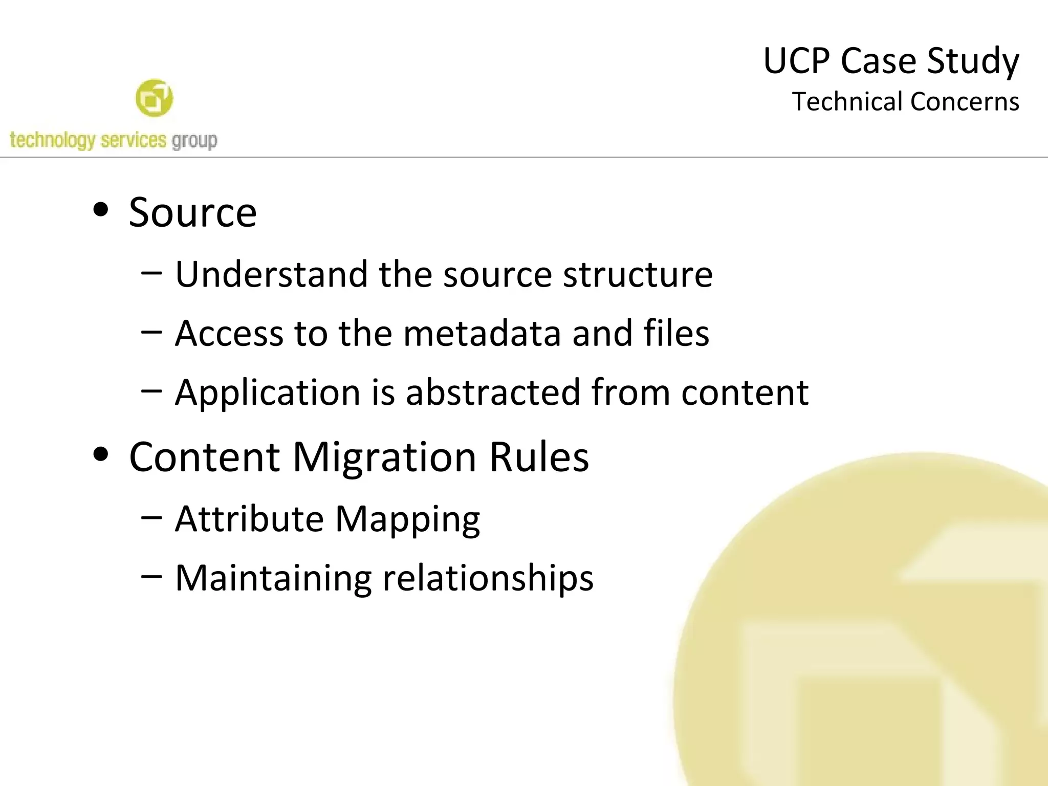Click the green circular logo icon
[154, 98]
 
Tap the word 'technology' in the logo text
[52, 140]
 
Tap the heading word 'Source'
[192, 212]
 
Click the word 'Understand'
[271, 274]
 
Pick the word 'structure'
[638, 275]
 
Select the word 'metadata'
[482, 333]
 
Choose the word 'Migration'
[384, 457]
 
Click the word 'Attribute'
[249, 519]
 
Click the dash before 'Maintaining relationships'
[151, 577]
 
